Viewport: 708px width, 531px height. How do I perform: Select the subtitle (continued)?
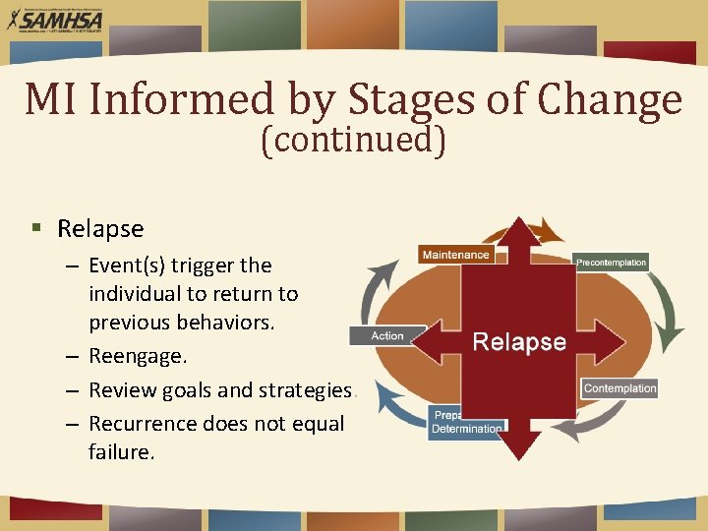tap(353, 141)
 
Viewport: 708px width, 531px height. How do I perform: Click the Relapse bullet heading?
tap(100, 229)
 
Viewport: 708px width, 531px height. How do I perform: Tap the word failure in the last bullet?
tap(121, 452)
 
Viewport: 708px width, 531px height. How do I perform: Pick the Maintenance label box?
tap(454, 255)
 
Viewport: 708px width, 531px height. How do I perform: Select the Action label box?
tap(387, 335)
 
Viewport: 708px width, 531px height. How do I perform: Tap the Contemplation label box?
tap(619, 388)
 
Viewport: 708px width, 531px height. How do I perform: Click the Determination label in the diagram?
tap(467, 429)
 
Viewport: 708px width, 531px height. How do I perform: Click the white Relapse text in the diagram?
tap(519, 342)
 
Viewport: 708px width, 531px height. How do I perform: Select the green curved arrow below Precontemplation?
tap(665, 315)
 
